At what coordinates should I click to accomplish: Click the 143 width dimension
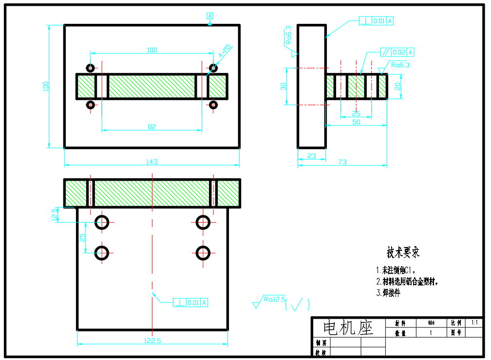(x=152, y=162)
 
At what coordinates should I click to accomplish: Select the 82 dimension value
(x=151, y=127)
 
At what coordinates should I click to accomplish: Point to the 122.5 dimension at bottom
(x=152, y=341)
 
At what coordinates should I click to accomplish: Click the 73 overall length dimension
(x=342, y=162)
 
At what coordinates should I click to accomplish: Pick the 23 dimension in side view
(x=312, y=156)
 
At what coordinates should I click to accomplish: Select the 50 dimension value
(x=356, y=122)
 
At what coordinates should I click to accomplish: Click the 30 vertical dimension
(x=283, y=86)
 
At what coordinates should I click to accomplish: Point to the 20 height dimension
(x=397, y=86)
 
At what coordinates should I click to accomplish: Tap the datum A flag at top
(x=210, y=16)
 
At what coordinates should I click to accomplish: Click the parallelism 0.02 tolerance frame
(x=397, y=52)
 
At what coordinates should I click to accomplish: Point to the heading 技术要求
(x=403, y=252)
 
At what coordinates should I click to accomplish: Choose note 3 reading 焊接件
(x=388, y=293)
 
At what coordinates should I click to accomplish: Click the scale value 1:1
(x=474, y=322)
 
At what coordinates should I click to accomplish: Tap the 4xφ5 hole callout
(x=225, y=51)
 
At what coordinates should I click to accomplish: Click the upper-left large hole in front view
(x=102, y=222)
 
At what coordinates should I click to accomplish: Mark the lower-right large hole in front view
(x=203, y=252)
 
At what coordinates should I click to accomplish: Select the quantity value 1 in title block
(x=431, y=333)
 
